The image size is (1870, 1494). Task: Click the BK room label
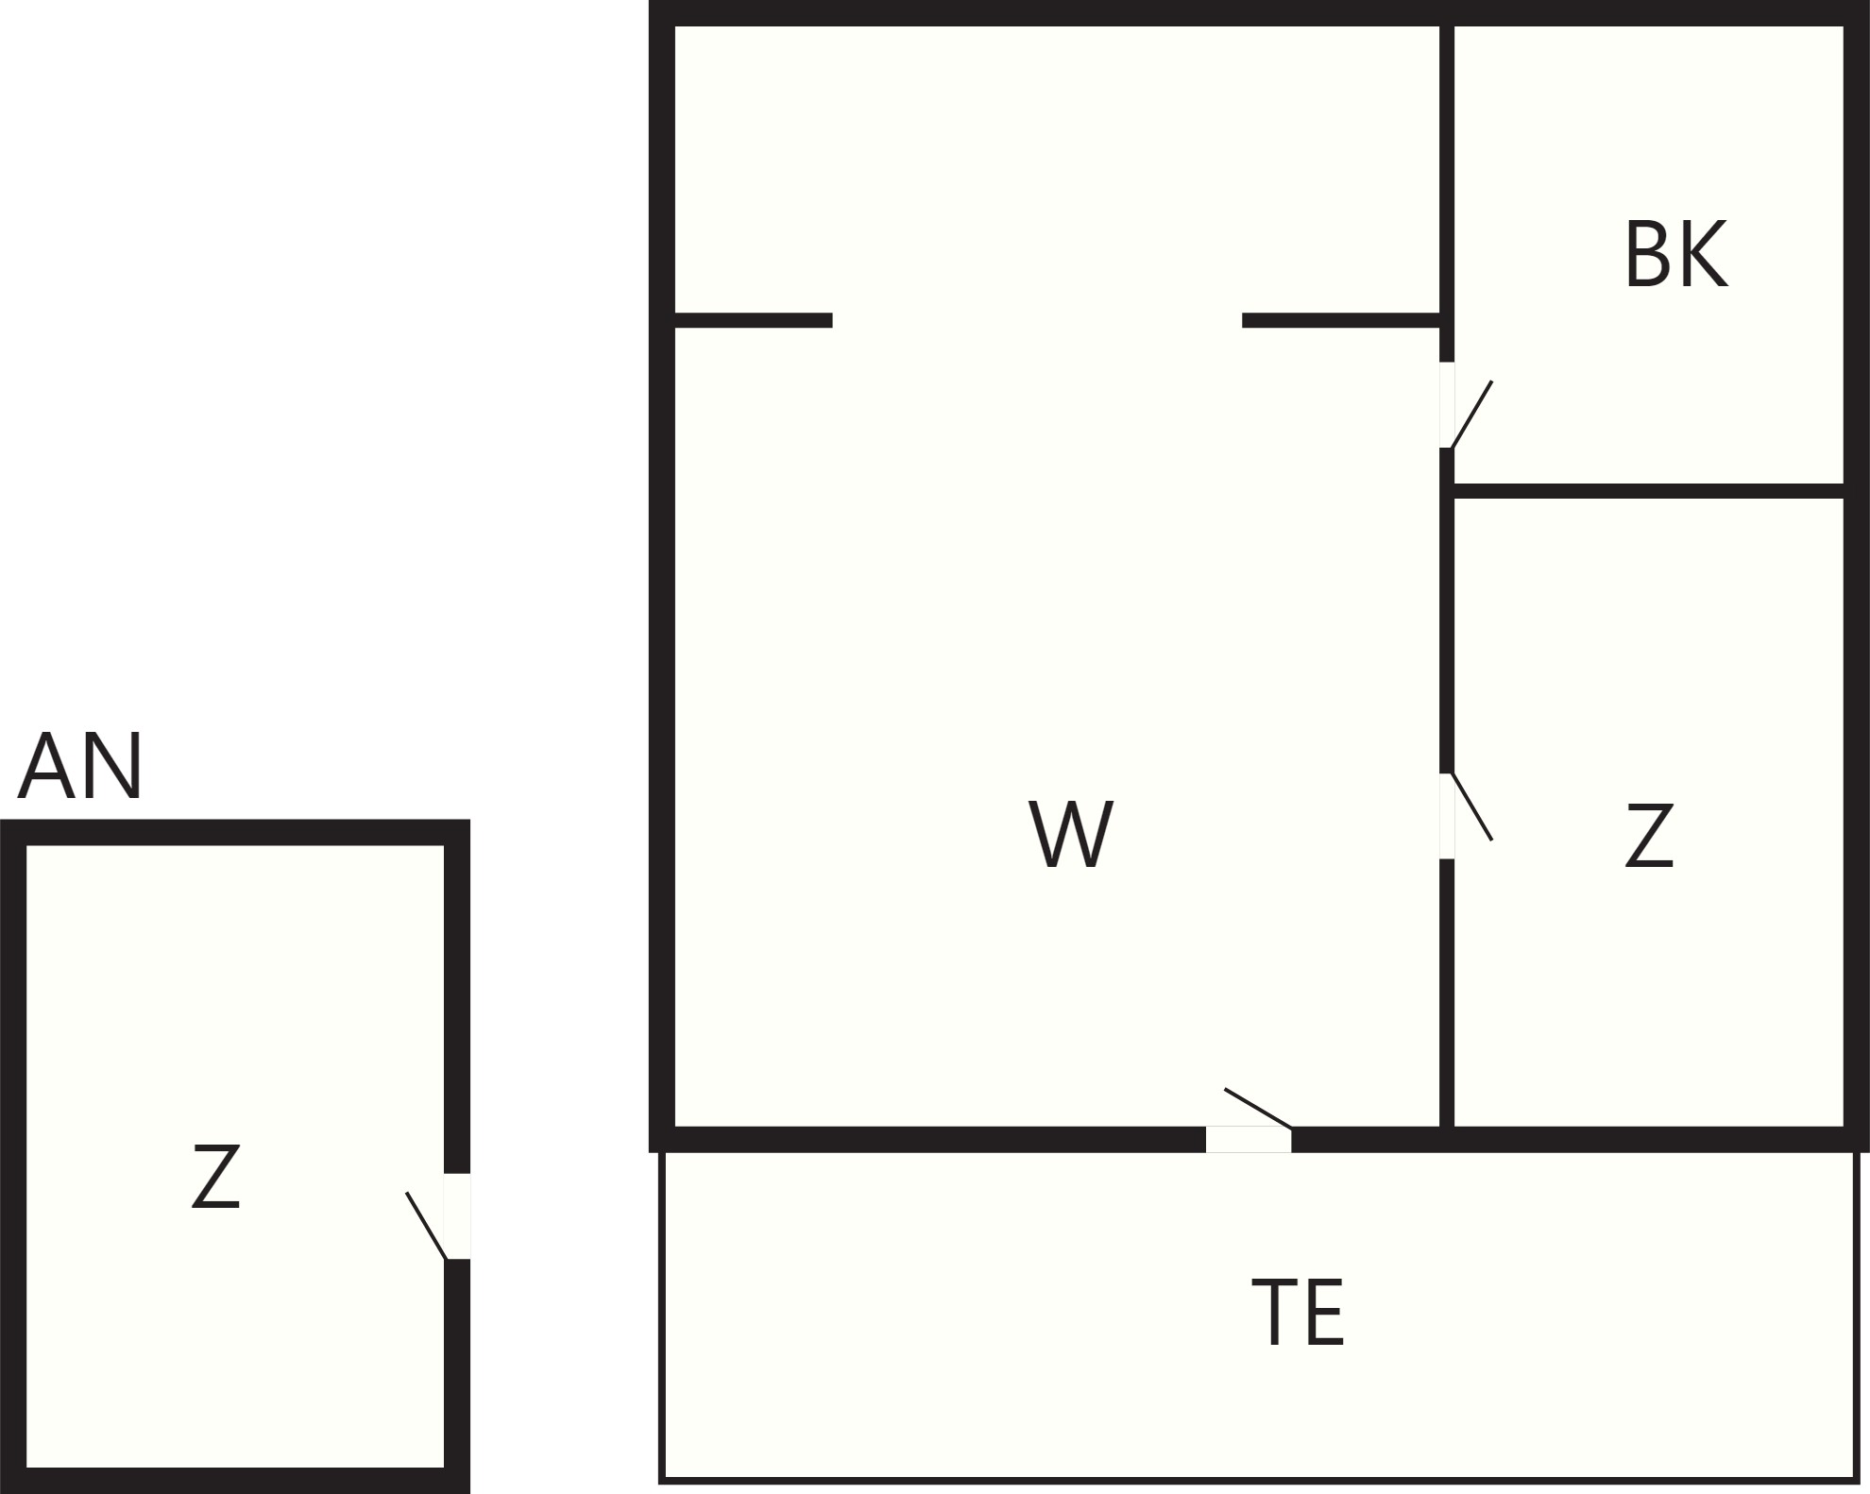click(1676, 254)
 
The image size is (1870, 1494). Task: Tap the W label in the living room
click(1071, 834)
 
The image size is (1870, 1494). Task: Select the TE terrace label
click(1298, 1312)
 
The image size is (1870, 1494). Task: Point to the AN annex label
click(80, 766)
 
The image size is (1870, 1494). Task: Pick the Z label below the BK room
click(1649, 835)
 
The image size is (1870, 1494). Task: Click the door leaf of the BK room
click(1471, 414)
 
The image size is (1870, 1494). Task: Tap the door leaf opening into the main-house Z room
click(1471, 806)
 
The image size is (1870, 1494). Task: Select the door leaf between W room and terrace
click(1258, 1109)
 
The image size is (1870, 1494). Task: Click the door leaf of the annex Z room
click(426, 1226)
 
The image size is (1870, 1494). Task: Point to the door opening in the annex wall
click(457, 1216)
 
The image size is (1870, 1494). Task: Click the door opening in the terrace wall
click(1249, 1140)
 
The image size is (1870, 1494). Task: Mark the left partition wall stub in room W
click(754, 320)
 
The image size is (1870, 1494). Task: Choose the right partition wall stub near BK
click(1341, 320)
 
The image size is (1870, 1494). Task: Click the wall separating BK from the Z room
click(1649, 491)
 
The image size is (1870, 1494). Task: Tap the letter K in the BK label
click(1705, 254)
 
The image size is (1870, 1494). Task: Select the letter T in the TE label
click(1274, 1312)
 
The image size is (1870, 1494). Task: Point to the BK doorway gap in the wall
click(1447, 405)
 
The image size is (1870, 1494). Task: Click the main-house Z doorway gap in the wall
click(1447, 816)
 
